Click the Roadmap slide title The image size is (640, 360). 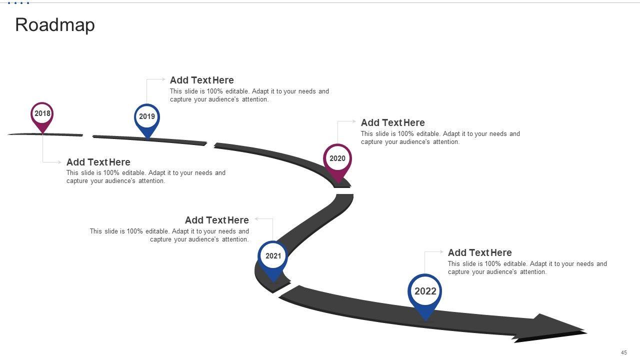click(x=55, y=25)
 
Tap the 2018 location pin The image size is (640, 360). click(x=42, y=115)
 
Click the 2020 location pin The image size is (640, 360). click(x=337, y=160)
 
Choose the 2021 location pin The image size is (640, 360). click(x=273, y=257)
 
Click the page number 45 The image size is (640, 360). click(x=624, y=352)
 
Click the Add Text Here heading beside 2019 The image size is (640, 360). click(x=201, y=80)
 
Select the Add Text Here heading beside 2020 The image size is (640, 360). click(x=392, y=122)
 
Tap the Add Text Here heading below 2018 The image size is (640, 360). click(x=98, y=162)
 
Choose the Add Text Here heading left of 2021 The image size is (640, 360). click(x=216, y=220)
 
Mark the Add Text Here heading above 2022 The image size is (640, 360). click(x=479, y=252)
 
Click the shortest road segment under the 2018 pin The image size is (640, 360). click(x=45, y=134)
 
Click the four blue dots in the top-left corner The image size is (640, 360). click(x=18, y=3)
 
